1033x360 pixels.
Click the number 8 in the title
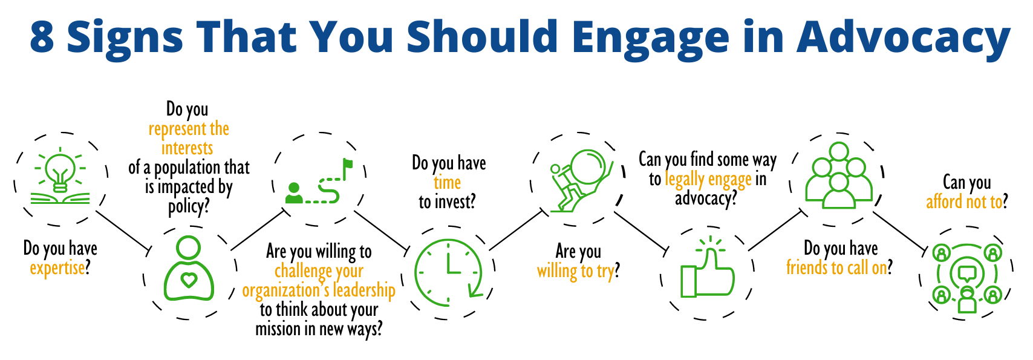coord(42,37)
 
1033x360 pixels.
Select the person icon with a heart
coord(189,269)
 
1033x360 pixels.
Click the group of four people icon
coord(839,175)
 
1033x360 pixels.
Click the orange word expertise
coord(57,268)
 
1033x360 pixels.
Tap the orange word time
coord(448,183)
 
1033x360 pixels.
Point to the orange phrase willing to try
coord(576,272)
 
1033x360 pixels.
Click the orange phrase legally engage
coord(708,180)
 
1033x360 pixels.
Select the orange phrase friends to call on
coord(836,267)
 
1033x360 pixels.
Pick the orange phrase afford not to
coord(964,202)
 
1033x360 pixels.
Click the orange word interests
coord(187,149)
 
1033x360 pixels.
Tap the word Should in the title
coord(483,37)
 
